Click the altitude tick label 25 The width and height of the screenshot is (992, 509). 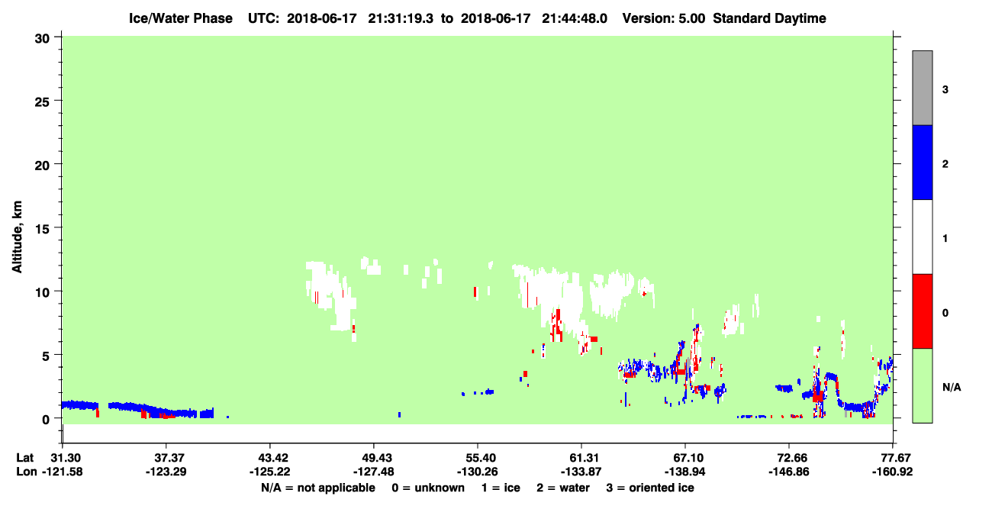42,101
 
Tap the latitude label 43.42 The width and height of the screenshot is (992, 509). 269,458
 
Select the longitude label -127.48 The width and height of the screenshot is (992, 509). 373,472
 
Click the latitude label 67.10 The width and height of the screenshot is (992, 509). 685,458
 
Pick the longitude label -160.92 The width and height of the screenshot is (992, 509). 892,472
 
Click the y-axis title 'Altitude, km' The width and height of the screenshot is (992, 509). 17,237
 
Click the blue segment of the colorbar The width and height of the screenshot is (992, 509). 922,162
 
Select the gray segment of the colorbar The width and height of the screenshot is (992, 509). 922,88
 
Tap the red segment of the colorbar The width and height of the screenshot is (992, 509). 922,311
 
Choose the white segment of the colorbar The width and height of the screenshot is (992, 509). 922,237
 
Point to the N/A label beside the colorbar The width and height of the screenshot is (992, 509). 952,387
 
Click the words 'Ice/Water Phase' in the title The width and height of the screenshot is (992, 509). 181,18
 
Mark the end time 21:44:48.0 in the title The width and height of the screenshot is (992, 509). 575,18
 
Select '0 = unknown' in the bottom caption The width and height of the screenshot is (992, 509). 428,488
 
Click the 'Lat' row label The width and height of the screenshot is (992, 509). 24,458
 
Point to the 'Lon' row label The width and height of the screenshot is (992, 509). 27,472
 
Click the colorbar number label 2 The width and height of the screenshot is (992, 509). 945,164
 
